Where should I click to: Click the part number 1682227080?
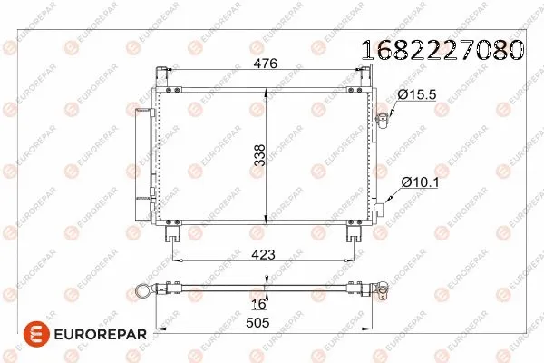442,49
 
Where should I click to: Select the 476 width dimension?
264,64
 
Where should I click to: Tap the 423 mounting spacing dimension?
264,254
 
